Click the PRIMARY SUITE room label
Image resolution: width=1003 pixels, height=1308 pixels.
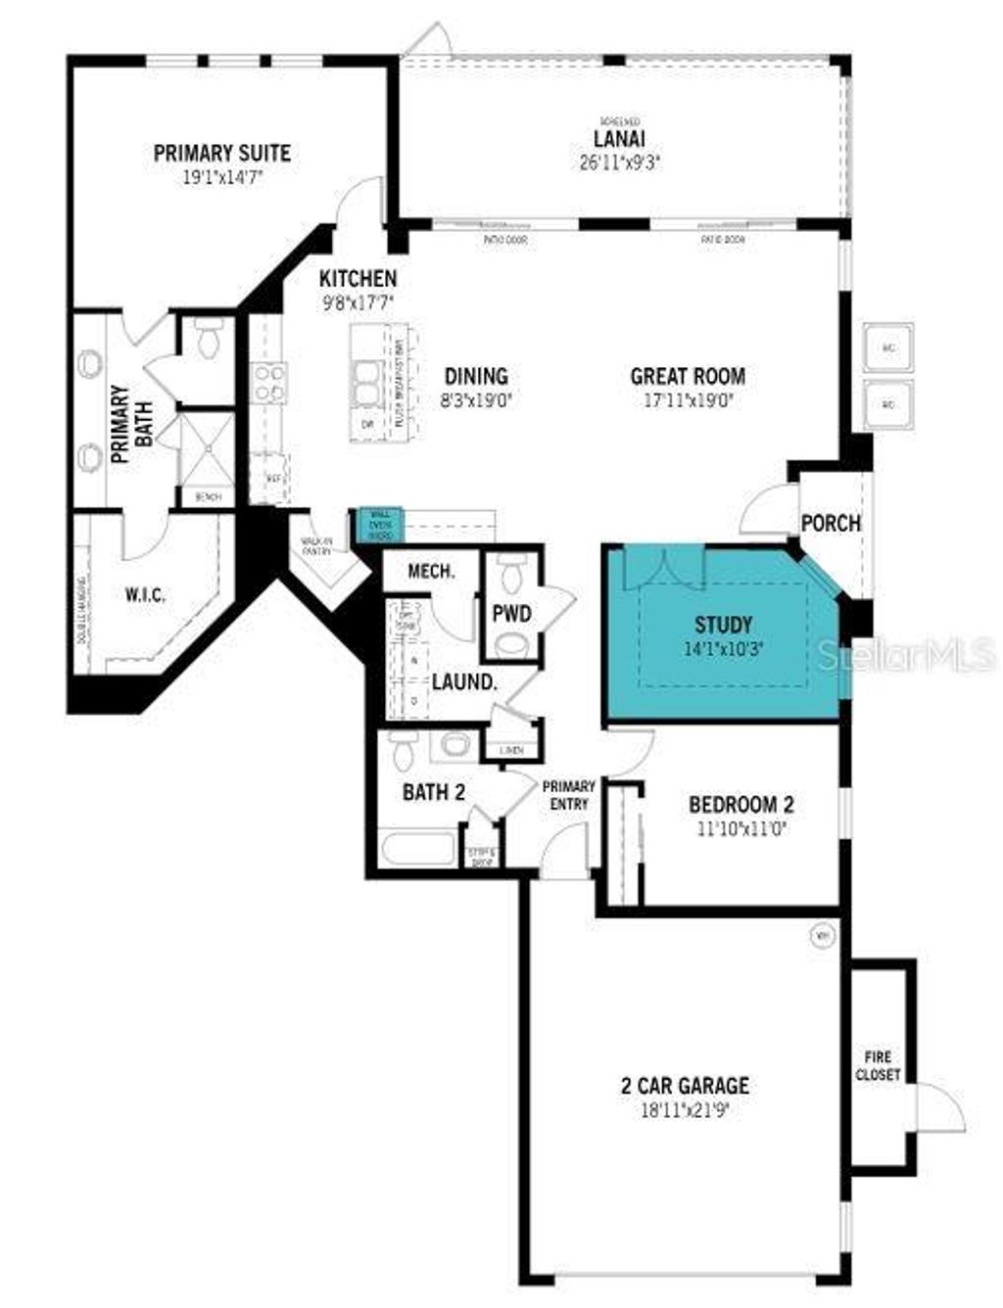click(222, 153)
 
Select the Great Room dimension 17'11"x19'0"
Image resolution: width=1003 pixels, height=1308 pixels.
click(687, 399)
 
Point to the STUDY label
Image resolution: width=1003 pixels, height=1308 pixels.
click(723, 625)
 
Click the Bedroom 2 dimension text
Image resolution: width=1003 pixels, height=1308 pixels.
click(741, 828)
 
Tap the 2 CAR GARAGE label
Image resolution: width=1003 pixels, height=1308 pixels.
click(685, 1085)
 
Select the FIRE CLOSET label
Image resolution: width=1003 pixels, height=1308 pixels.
click(878, 1065)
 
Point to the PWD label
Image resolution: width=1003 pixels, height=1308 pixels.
click(511, 614)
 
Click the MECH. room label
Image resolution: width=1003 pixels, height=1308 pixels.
click(431, 572)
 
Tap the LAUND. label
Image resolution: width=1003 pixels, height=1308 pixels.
click(464, 681)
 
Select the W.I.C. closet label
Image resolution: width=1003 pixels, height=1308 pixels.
click(145, 594)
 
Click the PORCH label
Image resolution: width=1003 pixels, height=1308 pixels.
click(831, 523)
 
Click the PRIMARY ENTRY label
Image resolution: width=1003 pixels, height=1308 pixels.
click(569, 794)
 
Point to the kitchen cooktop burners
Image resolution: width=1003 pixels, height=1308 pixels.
click(268, 382)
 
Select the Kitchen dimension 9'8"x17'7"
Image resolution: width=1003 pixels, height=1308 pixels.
click(358, 304)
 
